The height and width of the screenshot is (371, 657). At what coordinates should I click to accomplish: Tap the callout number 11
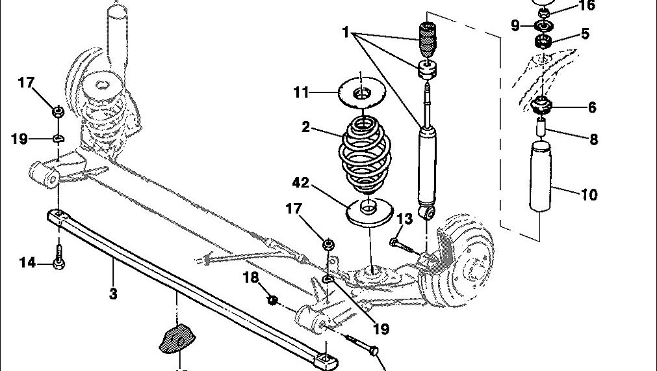coord(300,92)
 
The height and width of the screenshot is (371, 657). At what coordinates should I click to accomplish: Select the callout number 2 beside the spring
coord(306,127)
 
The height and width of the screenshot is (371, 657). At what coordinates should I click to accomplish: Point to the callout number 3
coord(113,294)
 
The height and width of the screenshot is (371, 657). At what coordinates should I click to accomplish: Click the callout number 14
coord(27,263)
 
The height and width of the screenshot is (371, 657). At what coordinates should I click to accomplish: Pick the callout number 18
coord(251,278)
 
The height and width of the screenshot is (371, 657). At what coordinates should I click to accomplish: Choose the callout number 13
coord(405,219)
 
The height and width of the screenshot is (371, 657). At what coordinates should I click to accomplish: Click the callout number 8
coord(593,139)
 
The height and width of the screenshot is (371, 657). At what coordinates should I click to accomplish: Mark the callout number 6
coord(592,108)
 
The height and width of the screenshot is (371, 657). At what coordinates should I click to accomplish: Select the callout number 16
coord(587,7)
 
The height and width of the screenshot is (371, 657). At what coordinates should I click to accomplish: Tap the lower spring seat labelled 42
coord(368,212)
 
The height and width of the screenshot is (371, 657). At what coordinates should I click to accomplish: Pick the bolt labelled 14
coord(59,257)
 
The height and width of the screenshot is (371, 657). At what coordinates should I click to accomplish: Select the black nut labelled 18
coord(274,300)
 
